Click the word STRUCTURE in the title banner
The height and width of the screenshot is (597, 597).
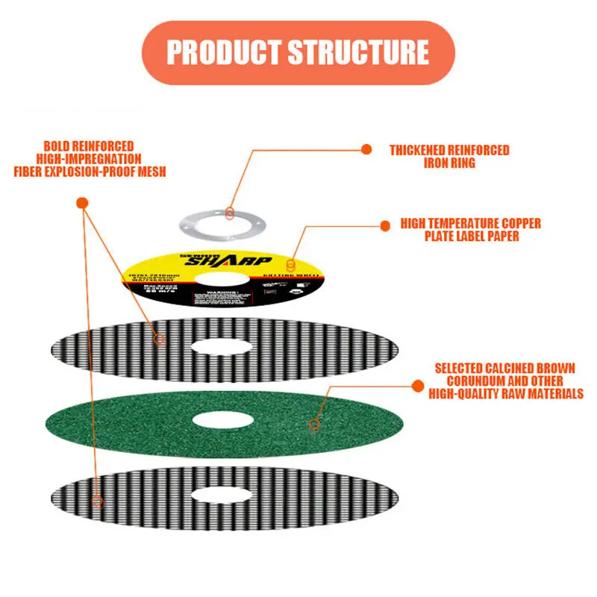pos(358,52)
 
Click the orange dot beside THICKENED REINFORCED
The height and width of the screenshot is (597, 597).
pos(366,149)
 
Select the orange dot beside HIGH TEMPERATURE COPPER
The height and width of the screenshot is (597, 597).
pos(385,224)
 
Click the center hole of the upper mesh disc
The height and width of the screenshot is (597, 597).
pos(221,347)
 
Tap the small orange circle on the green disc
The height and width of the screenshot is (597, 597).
pos(314,425)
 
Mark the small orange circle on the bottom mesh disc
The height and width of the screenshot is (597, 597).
pos(97,500)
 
